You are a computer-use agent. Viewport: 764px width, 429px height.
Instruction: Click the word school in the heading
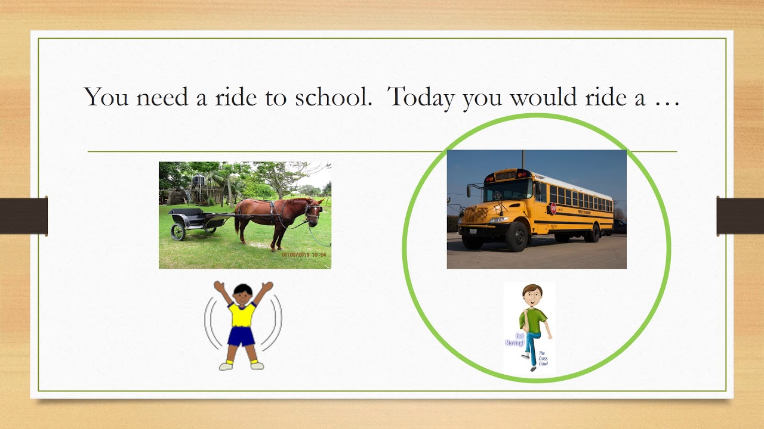tap(332, 97)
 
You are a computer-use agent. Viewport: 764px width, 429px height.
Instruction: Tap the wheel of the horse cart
tap(178, 232)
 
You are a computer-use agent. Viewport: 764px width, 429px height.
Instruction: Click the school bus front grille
tap(476, 215)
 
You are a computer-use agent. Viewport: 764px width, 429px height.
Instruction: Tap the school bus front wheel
tap(516, 237)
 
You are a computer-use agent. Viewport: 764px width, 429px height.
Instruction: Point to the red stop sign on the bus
tap(553, 209)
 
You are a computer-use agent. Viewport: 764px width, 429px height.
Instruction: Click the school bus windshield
tap(507, 189)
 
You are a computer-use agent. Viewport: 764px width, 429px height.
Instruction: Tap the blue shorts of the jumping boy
tap(242, 337)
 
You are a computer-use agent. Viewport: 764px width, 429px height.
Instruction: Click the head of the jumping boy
tap(242, 293)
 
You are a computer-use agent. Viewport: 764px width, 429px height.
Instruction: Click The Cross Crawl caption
tap(543, 358)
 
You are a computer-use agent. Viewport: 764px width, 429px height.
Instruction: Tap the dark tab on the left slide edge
tap(23, 216)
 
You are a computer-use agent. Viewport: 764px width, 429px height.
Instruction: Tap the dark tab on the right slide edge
tap(740, 216)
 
